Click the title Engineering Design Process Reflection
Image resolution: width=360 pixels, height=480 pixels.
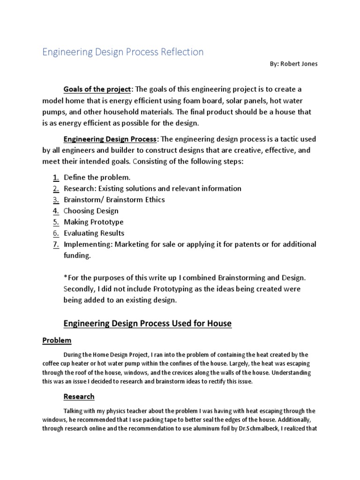tap(123, 52)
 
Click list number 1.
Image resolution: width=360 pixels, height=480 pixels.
tap(55, 177)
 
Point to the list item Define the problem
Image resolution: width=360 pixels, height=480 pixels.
tap(97, 177)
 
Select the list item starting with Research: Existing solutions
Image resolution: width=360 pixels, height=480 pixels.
tap(152, 188)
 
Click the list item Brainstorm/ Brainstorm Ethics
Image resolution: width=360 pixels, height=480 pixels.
tap(114, 200)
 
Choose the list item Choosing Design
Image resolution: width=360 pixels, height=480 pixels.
tap(91, 211)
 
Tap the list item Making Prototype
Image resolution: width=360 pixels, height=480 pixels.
tap(93, 222)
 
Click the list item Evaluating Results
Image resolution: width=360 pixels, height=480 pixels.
tap(94, 233)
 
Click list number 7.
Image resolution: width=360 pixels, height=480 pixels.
tap(55, 244)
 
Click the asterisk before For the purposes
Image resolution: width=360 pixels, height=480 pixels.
tap(65, 278)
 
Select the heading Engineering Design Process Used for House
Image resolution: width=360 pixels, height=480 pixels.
tap(147, 323)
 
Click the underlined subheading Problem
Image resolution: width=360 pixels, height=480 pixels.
tap(57, 340)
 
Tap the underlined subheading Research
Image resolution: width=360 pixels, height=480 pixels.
tap(79, 397)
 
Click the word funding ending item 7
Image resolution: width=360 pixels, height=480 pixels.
tap(77, 255)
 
